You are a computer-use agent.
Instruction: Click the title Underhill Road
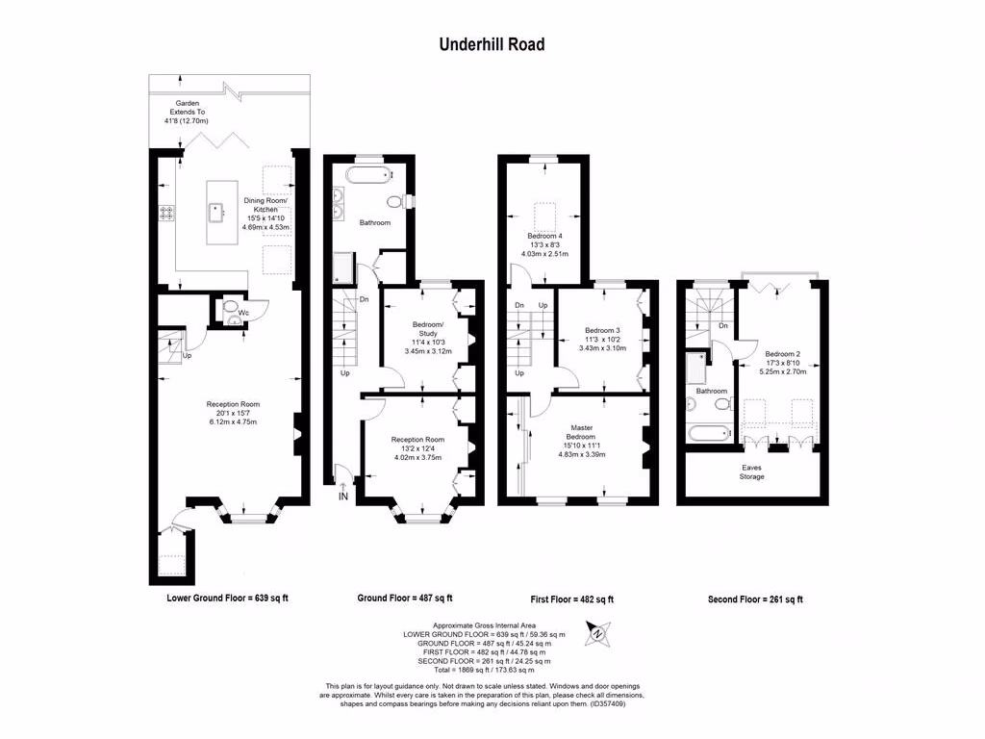[492, 44]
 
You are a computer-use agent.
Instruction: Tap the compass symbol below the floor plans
[599, 633]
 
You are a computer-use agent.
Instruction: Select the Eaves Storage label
[750, 471]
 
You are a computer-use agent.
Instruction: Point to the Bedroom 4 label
[544, 236]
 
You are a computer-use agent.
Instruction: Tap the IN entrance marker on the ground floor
[343, 497]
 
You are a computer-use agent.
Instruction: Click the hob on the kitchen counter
[166, 213]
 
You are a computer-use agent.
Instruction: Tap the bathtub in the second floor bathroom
[710, 432]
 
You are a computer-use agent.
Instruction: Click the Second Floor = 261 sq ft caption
[755, 599]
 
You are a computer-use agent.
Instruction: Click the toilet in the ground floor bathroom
[395, 201]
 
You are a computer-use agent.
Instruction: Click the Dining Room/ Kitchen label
[260, 205]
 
